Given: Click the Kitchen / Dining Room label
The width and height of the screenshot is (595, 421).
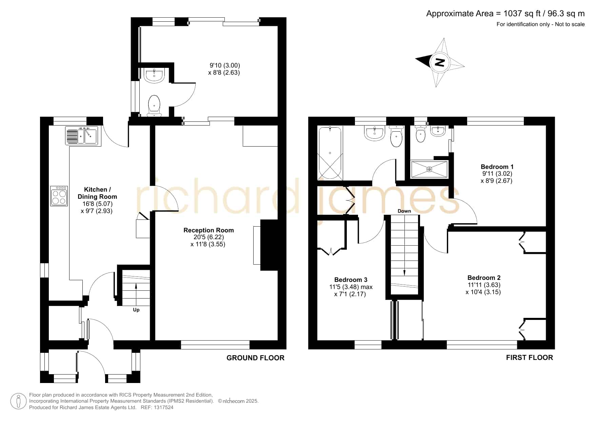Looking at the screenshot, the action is (x=97, y=193).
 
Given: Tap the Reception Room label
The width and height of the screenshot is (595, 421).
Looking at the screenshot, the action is (x=209, y=230).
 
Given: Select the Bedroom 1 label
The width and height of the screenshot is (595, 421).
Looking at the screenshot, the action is (x=497, y=167).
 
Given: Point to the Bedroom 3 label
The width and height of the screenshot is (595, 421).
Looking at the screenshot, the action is (x=351, y=280).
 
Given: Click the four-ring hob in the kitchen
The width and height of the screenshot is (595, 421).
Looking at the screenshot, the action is (x=59, y=196).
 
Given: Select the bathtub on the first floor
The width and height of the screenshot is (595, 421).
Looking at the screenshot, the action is (x=330, y=153).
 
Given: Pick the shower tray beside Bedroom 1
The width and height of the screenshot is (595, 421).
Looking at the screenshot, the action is (x=430, y=169).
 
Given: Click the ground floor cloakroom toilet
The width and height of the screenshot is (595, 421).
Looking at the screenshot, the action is (x=154, y=106).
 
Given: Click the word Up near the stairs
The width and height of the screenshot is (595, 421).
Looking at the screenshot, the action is (x=136, y=310).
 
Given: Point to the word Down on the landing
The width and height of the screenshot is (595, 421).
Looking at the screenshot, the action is (x=404, y=211).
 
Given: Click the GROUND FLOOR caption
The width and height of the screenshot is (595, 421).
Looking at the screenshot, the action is (x=255, y=358).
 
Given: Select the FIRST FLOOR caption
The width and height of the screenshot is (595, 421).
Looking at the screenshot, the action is (x=529, y=357).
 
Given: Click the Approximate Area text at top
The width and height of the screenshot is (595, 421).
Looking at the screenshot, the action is (x=505, y=14).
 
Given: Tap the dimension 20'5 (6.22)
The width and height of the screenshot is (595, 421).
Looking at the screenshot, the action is (x=209, y=237).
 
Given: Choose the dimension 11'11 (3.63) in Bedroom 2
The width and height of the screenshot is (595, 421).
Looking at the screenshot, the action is (x=484, y=285).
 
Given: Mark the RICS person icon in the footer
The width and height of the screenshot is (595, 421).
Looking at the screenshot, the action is (x=18, y=401).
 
